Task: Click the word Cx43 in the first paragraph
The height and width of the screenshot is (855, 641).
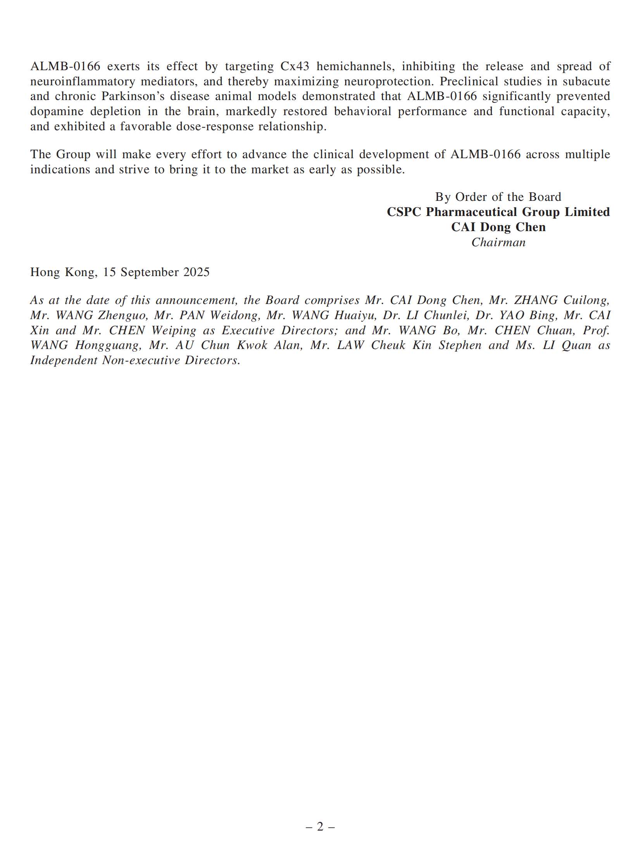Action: click(295, 66)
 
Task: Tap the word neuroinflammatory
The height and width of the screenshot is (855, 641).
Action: click(82, 81)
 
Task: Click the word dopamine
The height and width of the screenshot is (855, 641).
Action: click(57, 112)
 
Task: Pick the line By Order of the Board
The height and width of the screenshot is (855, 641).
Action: click(498, 197)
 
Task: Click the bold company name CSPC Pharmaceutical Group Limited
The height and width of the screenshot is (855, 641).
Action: click(498, 212)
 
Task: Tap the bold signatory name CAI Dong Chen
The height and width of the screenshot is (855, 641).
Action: click(498, 227)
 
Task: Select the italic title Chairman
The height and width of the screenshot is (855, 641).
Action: click(498, 242)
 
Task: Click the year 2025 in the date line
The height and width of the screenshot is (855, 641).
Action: click(196, 272)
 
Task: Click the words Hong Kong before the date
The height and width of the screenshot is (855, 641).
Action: click(63, 272)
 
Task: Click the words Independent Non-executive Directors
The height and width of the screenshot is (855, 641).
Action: click(135, 360)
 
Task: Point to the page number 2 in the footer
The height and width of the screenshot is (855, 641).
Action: click(320, 827)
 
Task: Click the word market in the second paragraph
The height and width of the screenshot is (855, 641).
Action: click(270, 170)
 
